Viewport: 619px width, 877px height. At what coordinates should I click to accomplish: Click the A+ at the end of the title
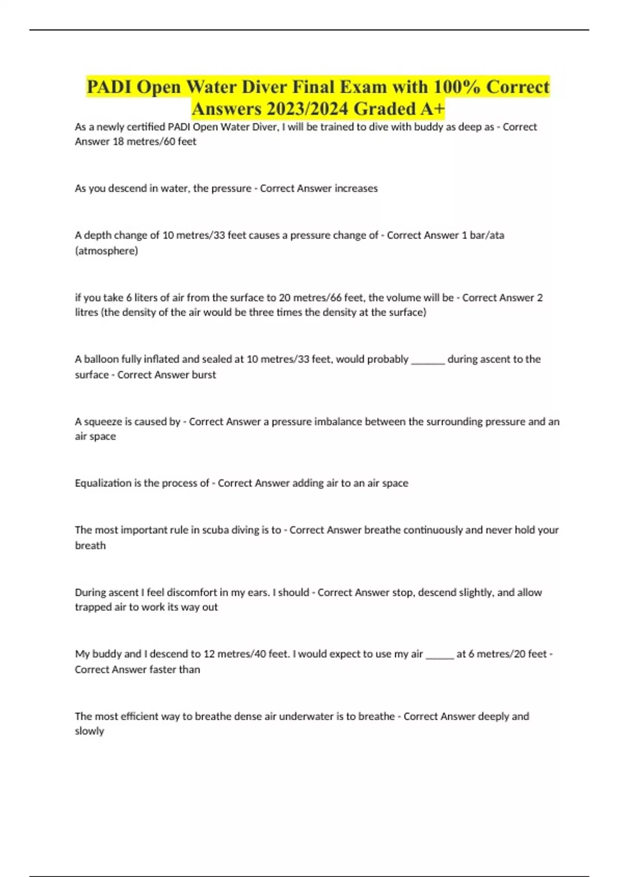pyautogui.click(x=432, y=109)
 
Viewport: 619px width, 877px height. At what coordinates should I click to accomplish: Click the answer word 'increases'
pyautogui.click(x=356, y=188)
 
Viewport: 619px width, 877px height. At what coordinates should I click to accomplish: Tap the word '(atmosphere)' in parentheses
pyautogui.click(x=106, y=251)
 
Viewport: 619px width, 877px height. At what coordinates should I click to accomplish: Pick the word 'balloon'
pyautogui.click(x=101, y=359)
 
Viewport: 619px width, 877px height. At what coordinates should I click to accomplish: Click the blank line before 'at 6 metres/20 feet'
pyautogui.click(x=439, y=656)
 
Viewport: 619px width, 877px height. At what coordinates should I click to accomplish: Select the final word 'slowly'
pyautogui.click(x=89, y=731)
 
